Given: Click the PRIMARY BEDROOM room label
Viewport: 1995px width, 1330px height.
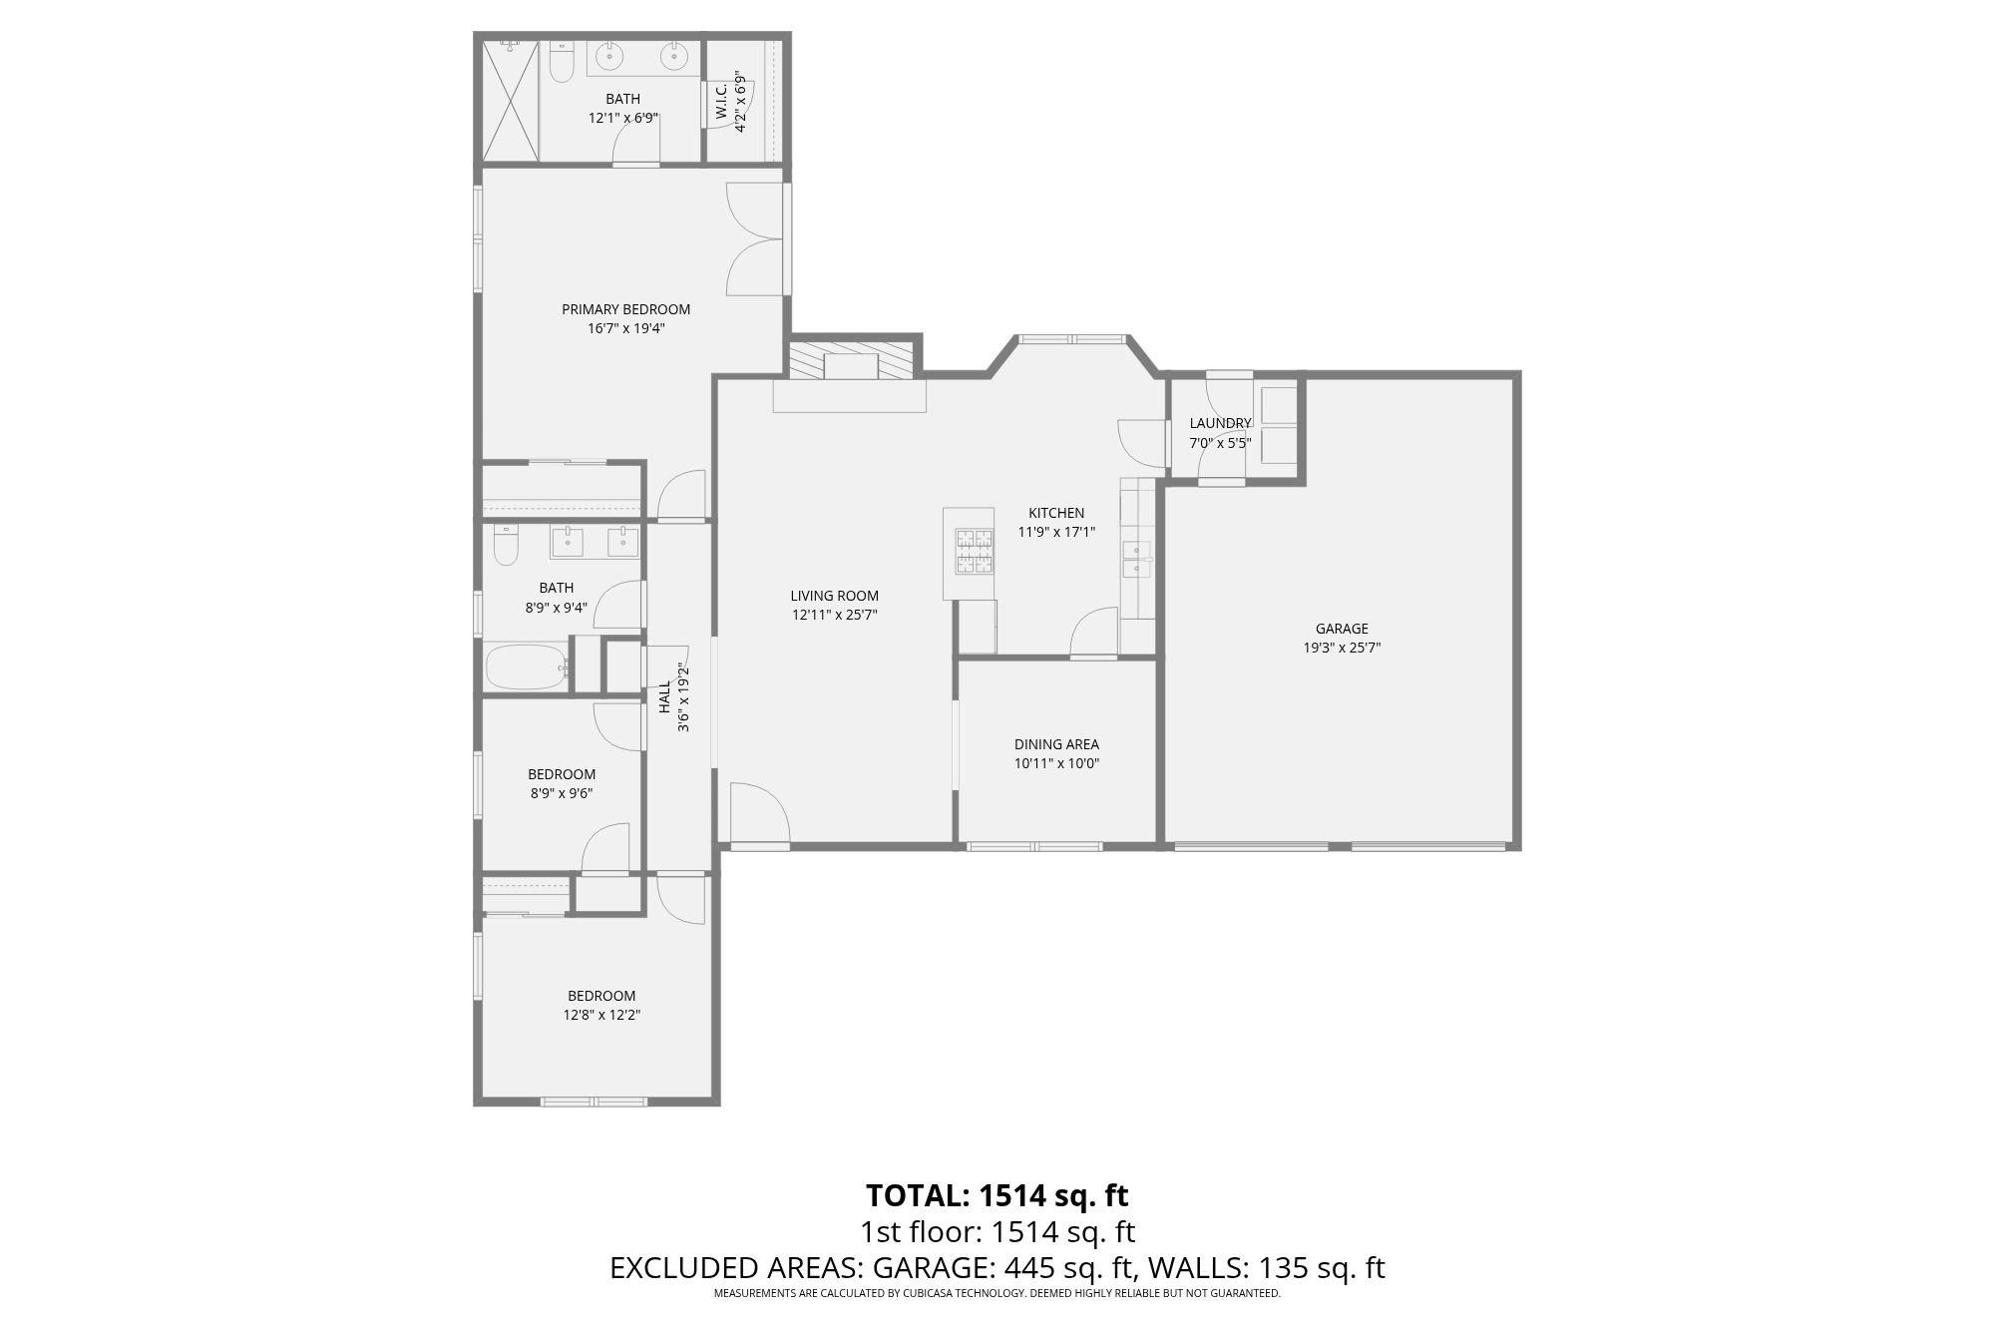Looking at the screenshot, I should [x=625, y=309].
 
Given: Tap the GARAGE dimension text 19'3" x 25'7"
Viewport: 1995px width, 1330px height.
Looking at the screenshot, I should [x=1342, y=648].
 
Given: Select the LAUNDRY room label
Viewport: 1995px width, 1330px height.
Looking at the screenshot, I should [x=1219, y=423].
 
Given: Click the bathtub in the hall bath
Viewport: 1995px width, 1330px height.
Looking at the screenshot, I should [x=526, y=666].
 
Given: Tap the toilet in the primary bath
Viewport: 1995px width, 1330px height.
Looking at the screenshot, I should [x=563, y=64].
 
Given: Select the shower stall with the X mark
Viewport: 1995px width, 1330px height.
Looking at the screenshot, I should [x=511, y=100].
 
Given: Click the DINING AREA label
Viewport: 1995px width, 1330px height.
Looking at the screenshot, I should [x=1056, y=744].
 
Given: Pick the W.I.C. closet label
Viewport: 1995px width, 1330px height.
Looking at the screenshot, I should [x=721, y=102].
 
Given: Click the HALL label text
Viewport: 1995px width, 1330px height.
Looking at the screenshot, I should [x=664, y=696].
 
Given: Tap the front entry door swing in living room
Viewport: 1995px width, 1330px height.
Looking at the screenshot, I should [x=757, y=813].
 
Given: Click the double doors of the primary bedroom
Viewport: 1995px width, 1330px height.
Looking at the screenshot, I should [x=755, y=239].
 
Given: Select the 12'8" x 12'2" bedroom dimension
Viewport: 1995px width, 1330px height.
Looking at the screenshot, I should [x=601, y=1015].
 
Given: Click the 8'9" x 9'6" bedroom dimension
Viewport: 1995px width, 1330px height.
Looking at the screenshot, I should [x=562, y=793].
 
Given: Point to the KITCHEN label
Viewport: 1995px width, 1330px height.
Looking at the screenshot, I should [x=1056, y=513].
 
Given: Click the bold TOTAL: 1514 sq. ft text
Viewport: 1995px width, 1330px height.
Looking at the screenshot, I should [x=997, y=1195].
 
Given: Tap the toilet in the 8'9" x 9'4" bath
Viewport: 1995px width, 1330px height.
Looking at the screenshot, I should [x=506, y=547].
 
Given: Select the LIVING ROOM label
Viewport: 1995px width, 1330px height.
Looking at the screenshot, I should [x=834, y=596].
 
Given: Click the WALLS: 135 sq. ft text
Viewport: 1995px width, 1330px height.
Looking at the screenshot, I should [x=1266, y=1268].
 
